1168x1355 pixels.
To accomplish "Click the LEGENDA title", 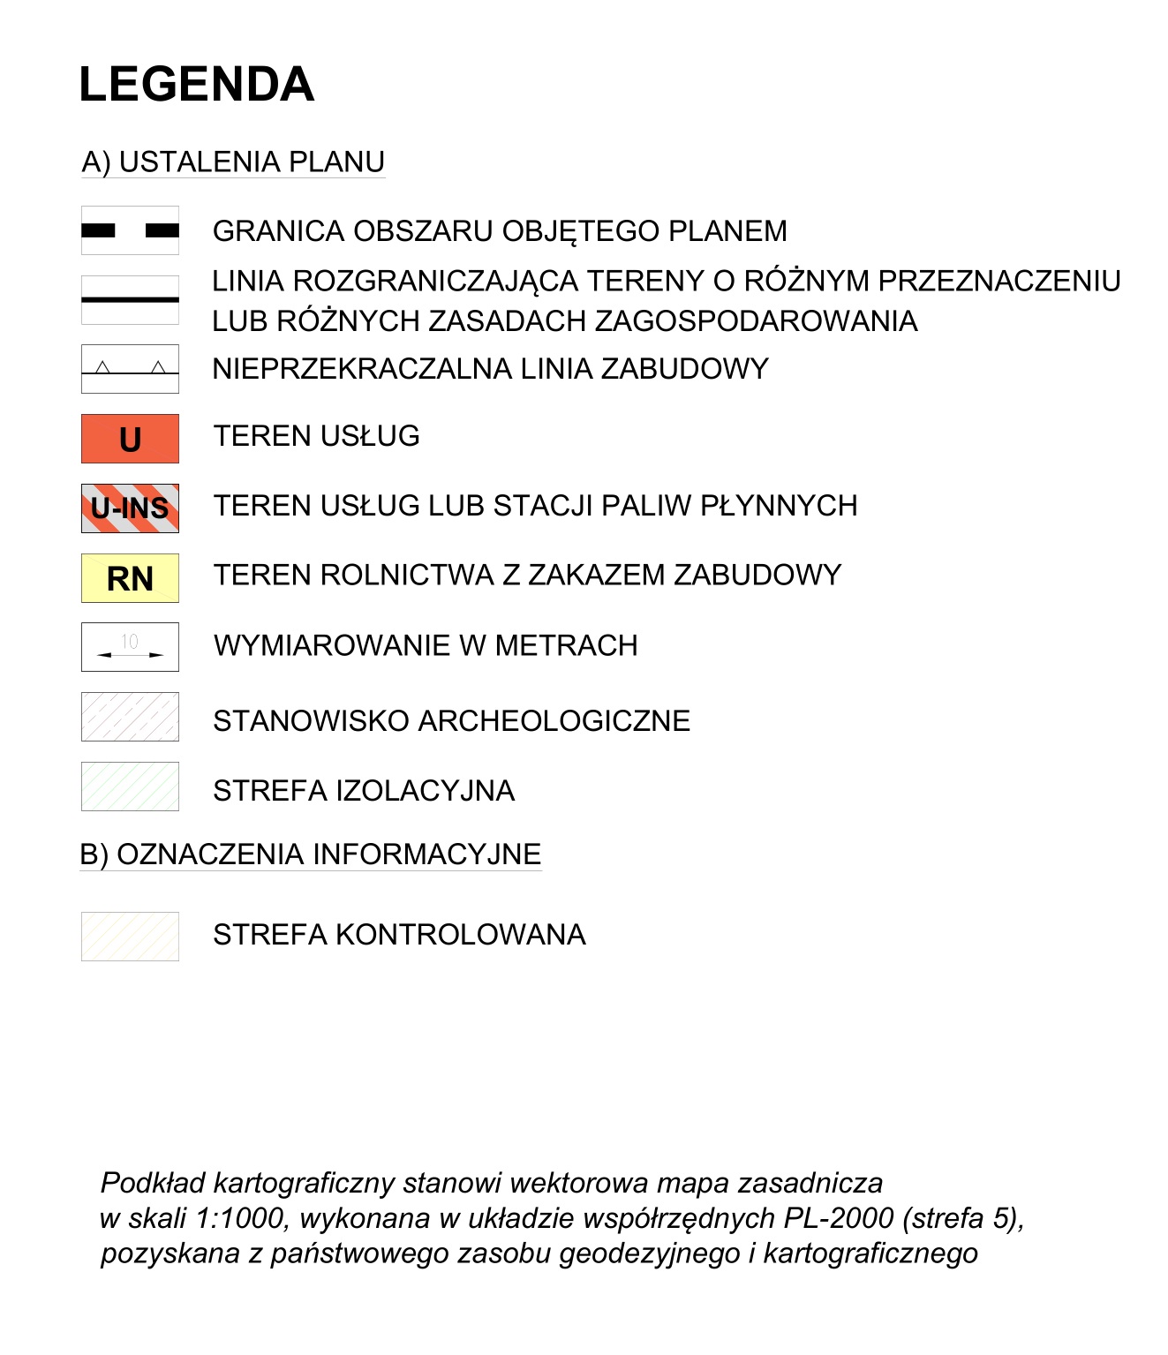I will [196, 85].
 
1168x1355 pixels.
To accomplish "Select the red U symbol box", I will [130, 439].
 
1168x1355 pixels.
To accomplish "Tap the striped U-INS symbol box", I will [130, 508].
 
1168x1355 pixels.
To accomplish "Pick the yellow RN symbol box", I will [130, 578].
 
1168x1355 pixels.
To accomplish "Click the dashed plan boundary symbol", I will [130, 230].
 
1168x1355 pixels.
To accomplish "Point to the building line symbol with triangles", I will [130, 369].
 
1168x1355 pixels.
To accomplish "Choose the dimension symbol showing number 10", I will [130, 647].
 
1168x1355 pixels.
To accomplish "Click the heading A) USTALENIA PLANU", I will [233, 162].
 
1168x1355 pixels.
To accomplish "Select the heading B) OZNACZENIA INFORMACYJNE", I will [310, 854].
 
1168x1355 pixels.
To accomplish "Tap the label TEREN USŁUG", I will [316, 436].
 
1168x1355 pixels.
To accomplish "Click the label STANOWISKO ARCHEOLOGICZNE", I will [451, 721].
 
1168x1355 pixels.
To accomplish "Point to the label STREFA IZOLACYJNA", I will [364, 791].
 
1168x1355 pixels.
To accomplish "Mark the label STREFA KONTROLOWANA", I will [399, 935].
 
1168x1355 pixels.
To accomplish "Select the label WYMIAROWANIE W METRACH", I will [425, 646].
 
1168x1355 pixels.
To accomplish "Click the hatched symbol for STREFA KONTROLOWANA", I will [130, 937].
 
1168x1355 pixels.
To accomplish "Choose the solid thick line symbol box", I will [130, 300].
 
